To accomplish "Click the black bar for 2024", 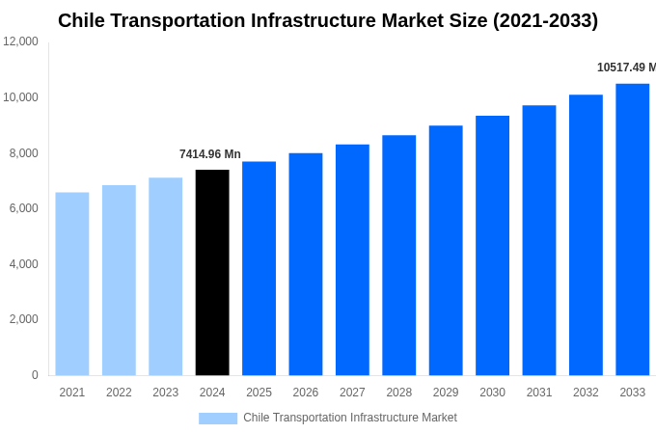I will point(212,272).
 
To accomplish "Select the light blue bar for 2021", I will point(72,284).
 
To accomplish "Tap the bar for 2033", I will point(632,230).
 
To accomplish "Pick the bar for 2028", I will point(398,255).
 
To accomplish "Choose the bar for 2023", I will point(165,276).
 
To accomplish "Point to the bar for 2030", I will point(492,245).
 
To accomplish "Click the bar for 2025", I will point(259,268).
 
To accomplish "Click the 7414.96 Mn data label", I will point(210,154).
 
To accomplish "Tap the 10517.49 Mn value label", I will point(625,68).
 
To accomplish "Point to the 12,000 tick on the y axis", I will point(20,41).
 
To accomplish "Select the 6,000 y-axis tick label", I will point(22,208).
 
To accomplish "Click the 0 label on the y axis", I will point(35,375).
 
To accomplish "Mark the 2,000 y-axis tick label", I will point(22,319).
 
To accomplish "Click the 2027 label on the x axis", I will point(352,393).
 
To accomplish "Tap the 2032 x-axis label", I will point(586,393).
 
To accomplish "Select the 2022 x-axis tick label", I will point(119,393).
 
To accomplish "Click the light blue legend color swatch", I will point(218,418).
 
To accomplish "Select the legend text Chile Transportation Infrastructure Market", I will point(350,418).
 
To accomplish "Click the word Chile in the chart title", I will point(81,20).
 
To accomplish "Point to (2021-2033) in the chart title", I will point(545,20).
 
